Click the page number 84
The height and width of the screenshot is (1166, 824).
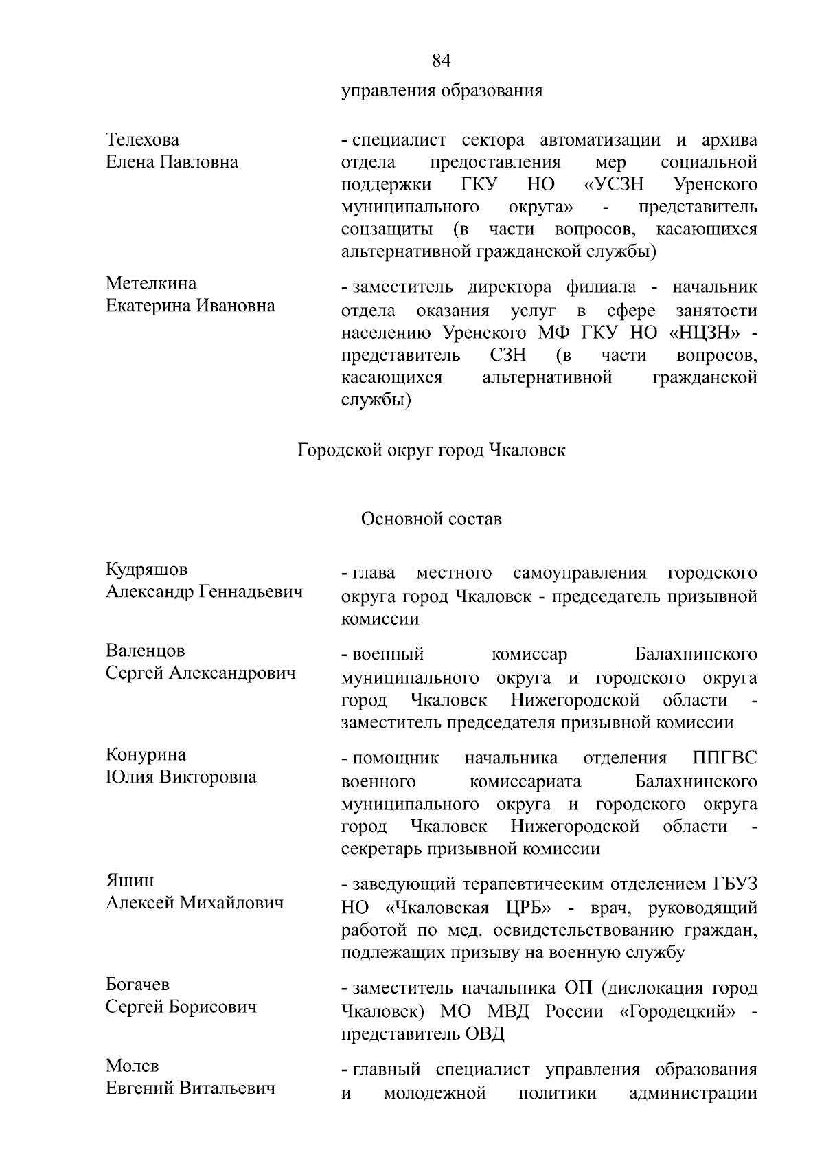tap(442, 61)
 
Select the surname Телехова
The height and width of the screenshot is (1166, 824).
tap(143, 140)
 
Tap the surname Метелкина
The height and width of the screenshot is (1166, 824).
tap(151, 284)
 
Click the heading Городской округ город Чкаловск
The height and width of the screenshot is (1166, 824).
tap(432, 451)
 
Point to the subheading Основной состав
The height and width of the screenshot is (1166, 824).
tap(431, 519)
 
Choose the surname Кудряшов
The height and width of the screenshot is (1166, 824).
tap(146, 570)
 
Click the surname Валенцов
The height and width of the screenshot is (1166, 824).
tap(146, 651)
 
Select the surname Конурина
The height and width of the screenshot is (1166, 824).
tap(146, 755)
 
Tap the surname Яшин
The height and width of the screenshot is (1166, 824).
tap(130, 881)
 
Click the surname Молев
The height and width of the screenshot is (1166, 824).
tap(133, 1066)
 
